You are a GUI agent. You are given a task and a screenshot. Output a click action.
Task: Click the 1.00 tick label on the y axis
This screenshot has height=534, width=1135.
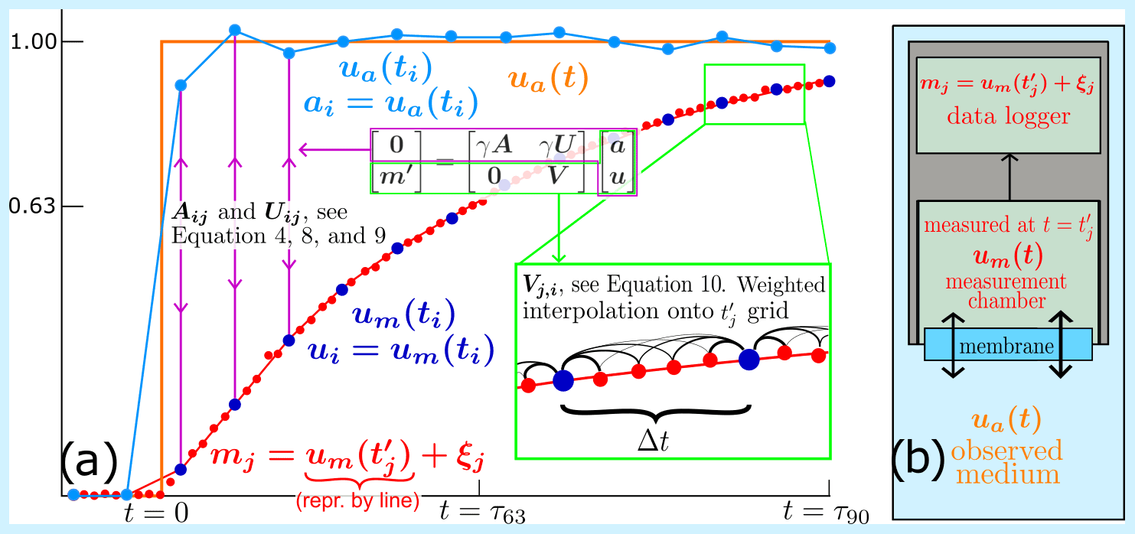[x=34, y=41]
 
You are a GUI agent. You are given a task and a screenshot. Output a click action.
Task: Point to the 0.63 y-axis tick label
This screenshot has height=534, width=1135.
[x=32, y=207]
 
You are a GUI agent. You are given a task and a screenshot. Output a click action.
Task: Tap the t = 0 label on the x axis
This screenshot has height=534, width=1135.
[x=157, y=513]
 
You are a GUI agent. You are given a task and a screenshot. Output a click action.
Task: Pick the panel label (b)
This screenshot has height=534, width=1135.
[x=918, y=459]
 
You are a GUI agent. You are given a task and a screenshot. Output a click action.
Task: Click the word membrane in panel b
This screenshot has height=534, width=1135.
[x=1006, y=347]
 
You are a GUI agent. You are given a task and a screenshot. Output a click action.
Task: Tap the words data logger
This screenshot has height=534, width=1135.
[x=1008, y=116]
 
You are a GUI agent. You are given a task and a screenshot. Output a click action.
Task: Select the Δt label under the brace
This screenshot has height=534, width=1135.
[x=653, y=441]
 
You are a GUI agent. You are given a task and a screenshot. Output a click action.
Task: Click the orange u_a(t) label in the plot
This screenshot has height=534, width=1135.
[x=548, y=80]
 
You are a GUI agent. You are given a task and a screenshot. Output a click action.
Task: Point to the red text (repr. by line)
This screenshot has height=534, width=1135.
[x=357, y=500]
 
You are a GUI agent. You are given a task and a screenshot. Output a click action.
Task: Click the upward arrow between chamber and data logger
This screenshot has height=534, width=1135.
[x=1009, y=177]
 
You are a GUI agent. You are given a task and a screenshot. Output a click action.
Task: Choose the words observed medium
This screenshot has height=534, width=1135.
[x=1007, y=462]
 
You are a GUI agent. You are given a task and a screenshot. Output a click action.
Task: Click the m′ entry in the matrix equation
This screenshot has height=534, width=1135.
[x=396, y=177]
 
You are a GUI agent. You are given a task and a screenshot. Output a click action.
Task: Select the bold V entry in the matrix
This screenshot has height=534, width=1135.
[x=556, y=176]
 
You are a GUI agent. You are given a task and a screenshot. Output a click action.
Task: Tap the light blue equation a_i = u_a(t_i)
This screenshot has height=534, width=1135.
[x=390, y=103]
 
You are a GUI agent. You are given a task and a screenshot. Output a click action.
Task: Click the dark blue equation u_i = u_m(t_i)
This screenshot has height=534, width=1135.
[x=401, y=350]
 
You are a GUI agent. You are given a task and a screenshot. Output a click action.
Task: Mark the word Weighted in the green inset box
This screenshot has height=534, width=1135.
[x=781, y=285]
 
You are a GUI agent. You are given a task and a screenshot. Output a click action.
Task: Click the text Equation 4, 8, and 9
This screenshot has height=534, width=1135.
[x=279, y=236]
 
